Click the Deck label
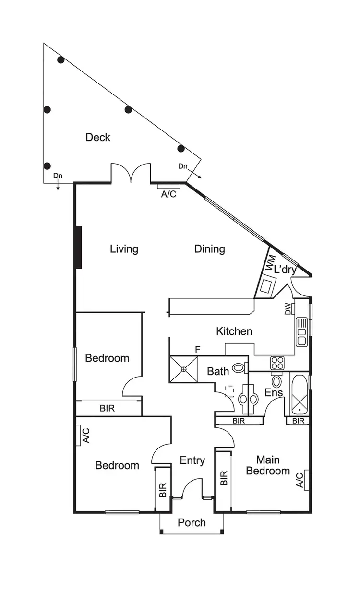pos(98,137)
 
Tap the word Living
pos(124,249)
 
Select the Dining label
pos(210,249)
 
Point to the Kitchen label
pos(234,331)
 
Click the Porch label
pos(192,522)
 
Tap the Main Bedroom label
pos(268,465)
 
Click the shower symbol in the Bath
pos(183,369)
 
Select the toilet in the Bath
pos(239,368)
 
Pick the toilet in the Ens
pos(276,382)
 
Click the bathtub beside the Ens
pos(298,394)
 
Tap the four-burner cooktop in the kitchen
pos(278,363)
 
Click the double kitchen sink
pos(302,331)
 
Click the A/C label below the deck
pos(168,194)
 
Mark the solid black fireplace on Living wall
pos(78,248)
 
